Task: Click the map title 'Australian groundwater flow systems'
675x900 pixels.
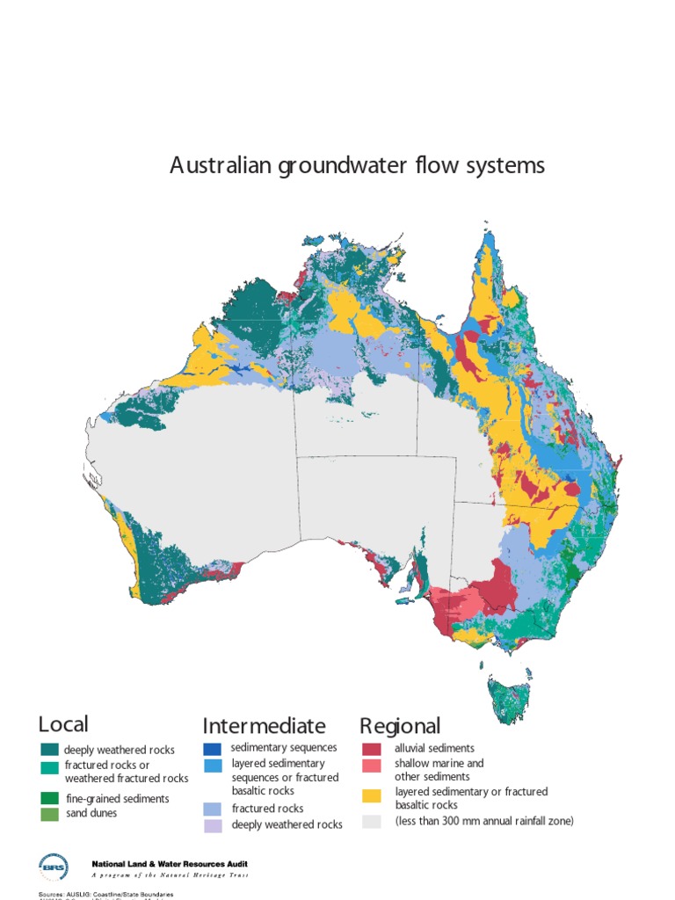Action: pos(357,165)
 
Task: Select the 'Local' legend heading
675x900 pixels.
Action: pos(63,724)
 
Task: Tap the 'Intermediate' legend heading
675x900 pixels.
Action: pos(264,726)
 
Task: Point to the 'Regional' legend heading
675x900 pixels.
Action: pos(400,726)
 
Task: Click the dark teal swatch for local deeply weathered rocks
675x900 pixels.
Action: pos(49,750)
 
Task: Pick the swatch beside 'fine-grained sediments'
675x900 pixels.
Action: pos(49,798)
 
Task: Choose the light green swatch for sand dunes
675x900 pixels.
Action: pos(49,813)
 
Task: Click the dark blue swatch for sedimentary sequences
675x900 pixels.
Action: pos(212,748)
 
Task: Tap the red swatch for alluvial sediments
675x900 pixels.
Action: pos(372,749)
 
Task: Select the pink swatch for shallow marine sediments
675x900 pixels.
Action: pos(372,765)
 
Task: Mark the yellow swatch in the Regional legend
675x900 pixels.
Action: pos(372,795)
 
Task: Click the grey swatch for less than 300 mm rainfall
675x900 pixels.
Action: pos(372,821)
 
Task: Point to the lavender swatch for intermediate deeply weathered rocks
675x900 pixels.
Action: pos(212,825)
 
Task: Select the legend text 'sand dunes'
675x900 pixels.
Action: pos(91,813)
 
